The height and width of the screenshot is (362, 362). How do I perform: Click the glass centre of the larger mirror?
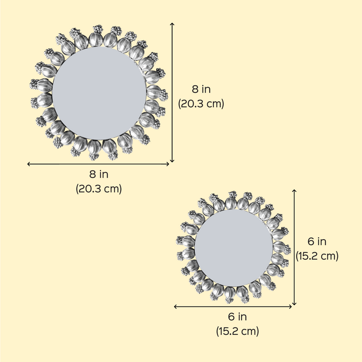99,93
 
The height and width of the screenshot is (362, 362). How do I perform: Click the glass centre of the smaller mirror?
234,248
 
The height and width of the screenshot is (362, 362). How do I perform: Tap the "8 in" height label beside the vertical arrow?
201,89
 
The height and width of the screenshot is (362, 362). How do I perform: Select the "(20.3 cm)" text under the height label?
201,104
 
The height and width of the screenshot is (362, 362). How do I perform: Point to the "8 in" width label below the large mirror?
99,174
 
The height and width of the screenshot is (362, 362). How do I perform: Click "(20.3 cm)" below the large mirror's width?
99,189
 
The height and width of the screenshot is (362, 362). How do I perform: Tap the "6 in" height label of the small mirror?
317,242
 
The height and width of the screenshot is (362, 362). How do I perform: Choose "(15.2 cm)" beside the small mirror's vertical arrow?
317,256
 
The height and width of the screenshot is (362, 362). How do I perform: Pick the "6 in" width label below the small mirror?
237,317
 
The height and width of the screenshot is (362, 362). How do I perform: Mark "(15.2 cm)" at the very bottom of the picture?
237,331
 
